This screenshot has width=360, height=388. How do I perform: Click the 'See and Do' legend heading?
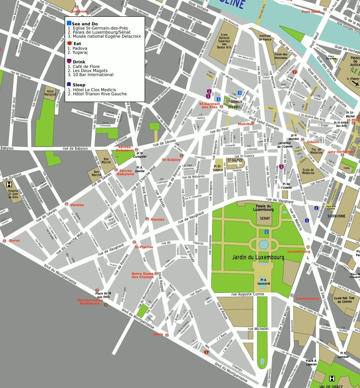pyautogui.click(x=85, y=24)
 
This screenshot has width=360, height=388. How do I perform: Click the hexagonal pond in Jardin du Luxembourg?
pyautogui.click(x=264, y=244)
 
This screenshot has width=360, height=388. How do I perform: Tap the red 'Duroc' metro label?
pyautogui.click(x=14, y=241)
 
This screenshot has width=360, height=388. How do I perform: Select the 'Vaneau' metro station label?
pyautogui.click(x=77, y=205)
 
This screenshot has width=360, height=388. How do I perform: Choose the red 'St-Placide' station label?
pyautogui.click(x=144, y=247)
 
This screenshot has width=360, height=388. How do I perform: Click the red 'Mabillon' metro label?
pyautogui.click(x=245, y=124)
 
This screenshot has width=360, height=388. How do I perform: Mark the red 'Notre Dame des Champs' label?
pyautogui.click(x=142, y=275)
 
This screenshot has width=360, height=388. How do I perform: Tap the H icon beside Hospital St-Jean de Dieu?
pyautogui.click(x=9, y=184)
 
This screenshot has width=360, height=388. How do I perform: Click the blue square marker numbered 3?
pyautogui.click(x=240, y=93)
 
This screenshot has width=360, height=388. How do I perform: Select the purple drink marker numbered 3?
pyautogui.click(x=281, y=167)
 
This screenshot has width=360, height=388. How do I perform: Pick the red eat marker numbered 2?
pyautogui.click(x=295, y=72)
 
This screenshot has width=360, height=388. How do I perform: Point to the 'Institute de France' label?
pyautogui.click(x=265, y=38)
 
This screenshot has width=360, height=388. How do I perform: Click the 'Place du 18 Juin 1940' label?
pyautogui.click(x=103, y=295)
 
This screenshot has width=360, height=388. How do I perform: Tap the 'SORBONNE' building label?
pyautogui.click(x=336, y=216)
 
